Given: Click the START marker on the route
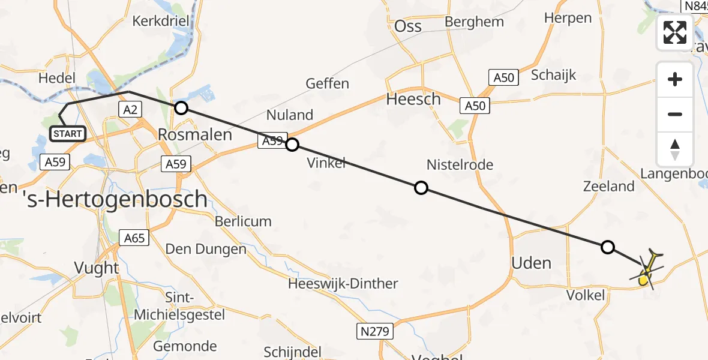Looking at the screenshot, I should pos(68,133).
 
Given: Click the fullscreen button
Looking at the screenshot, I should pos(675,32).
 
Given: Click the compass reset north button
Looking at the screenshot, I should pos(675,149).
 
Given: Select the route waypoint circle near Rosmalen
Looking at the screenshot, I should pos(181,108).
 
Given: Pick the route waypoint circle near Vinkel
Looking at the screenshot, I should pos(292,145).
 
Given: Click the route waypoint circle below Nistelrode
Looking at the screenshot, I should pos(421,188).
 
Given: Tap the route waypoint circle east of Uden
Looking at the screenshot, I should pos(608,247).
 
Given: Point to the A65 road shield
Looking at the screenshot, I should pos(134,238).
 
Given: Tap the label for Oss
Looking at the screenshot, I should pos(408,26).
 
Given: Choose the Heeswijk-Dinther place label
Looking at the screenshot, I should pos(343,283).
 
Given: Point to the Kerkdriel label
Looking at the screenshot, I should pos(160,21).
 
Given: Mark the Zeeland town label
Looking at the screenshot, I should pos(609,186).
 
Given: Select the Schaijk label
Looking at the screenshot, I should pos(553,75).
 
